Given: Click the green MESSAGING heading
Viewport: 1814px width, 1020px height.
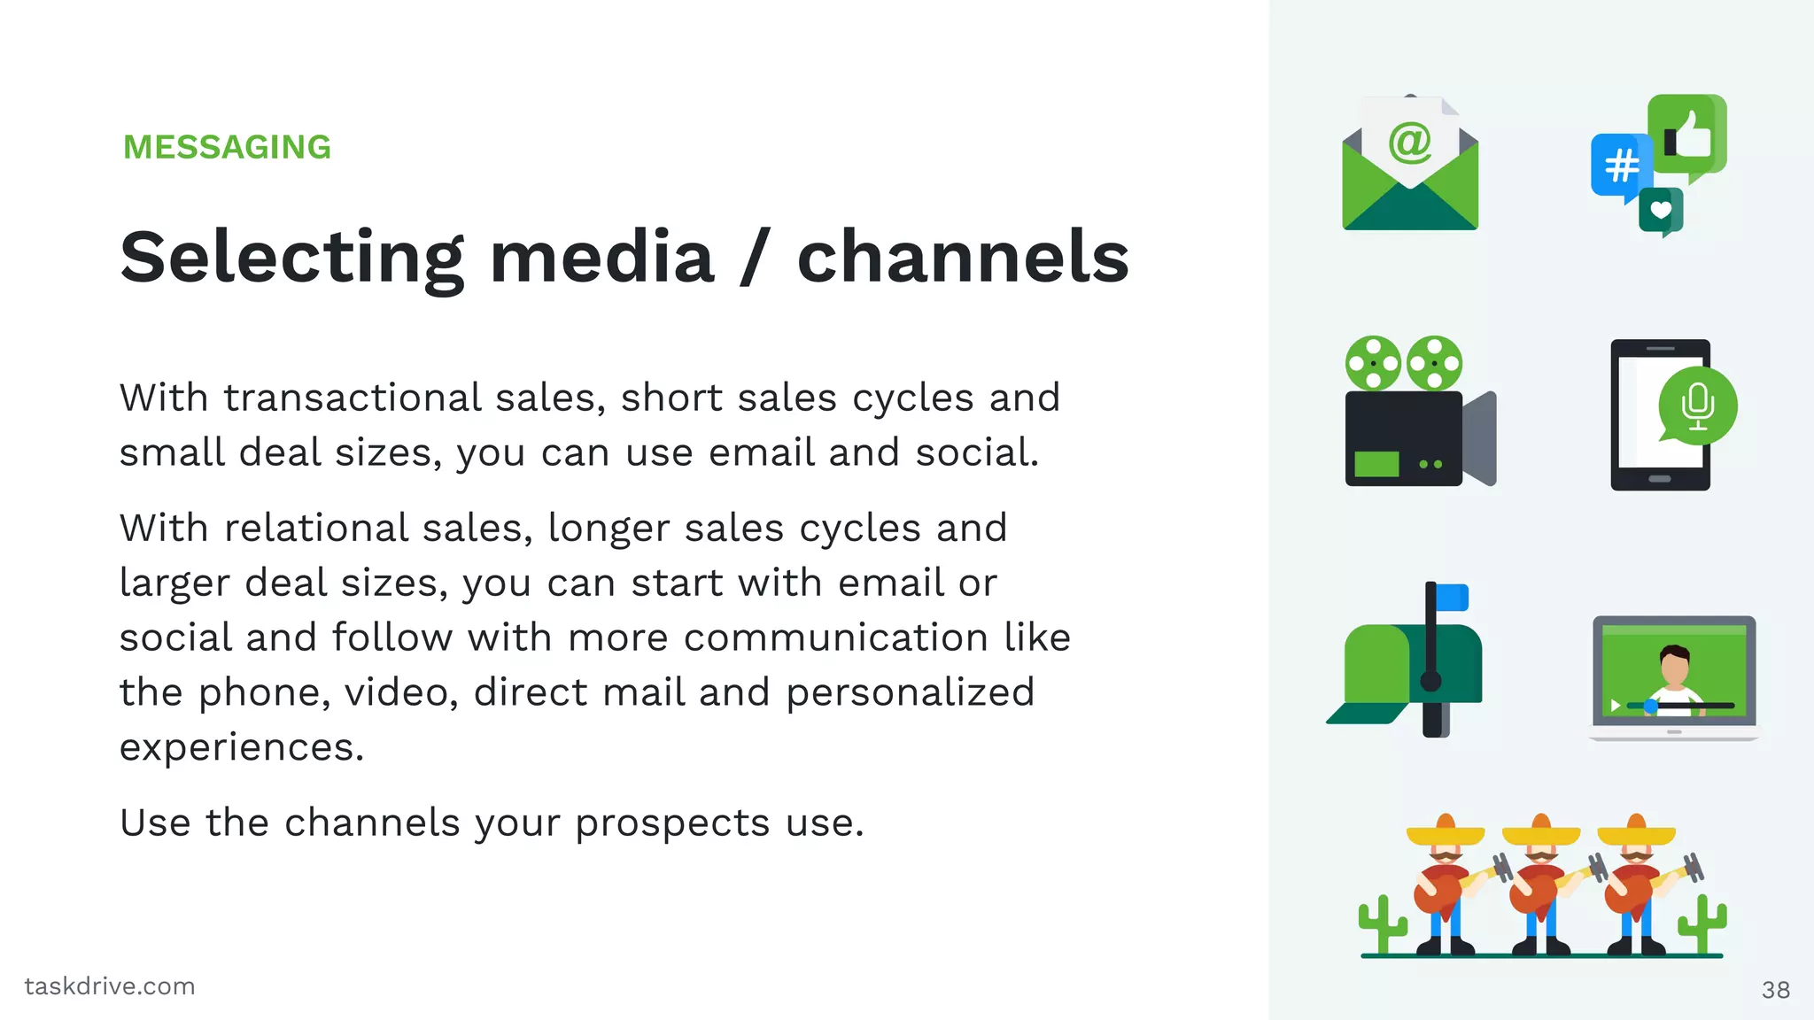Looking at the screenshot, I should coord(227,147).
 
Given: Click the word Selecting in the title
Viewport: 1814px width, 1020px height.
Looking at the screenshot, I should coord(291,258).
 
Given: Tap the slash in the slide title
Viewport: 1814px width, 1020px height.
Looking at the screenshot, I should coord(755,258).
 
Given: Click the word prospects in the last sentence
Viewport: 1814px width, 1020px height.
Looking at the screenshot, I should coord(671,823).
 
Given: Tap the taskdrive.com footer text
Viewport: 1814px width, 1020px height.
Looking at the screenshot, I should coord(110,986).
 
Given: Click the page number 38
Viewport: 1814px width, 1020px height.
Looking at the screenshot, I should coord(1775,990).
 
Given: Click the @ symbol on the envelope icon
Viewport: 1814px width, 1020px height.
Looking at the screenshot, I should coord(1409,143).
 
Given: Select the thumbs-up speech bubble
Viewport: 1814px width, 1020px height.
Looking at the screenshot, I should coord(1687,135).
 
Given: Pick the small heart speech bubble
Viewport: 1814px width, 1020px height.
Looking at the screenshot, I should coord(1661,211).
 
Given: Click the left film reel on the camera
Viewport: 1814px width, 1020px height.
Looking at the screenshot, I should coord(1373,363).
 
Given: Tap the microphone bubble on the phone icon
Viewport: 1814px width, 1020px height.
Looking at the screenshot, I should coord(1697,406).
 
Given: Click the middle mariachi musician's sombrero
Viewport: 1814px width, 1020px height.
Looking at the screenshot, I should coord(1541,831).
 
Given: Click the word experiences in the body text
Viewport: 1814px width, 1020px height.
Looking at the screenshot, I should coord(242,748).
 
